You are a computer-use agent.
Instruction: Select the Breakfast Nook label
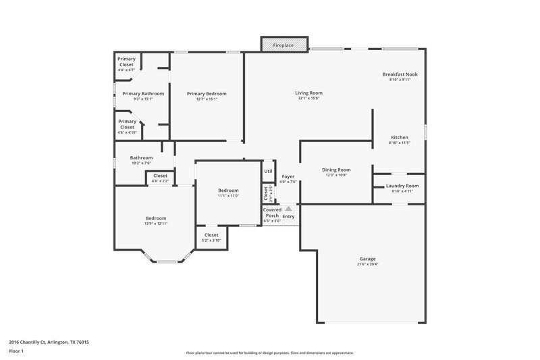(400, 74)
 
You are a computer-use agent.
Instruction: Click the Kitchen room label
(400, 137)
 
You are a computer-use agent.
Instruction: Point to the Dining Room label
(335, 170)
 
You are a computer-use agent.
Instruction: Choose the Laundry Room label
(402, 186)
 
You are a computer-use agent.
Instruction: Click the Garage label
(368, 259)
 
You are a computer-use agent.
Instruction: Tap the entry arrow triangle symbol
(288, 209)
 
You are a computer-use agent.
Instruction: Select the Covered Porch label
(272, 212)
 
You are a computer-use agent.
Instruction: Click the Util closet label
(268, 171)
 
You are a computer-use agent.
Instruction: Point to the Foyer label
(288, 176)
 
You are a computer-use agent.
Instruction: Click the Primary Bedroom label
(207, 94)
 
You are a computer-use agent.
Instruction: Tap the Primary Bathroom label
(142, 94)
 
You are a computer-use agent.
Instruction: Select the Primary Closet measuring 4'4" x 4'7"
(126, 61)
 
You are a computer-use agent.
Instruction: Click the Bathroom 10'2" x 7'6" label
(141, 158)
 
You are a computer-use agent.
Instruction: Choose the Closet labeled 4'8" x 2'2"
(160, 176)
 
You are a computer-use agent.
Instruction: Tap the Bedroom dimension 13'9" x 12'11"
(156, 224)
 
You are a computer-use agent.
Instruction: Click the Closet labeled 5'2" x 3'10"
(211, 235)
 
